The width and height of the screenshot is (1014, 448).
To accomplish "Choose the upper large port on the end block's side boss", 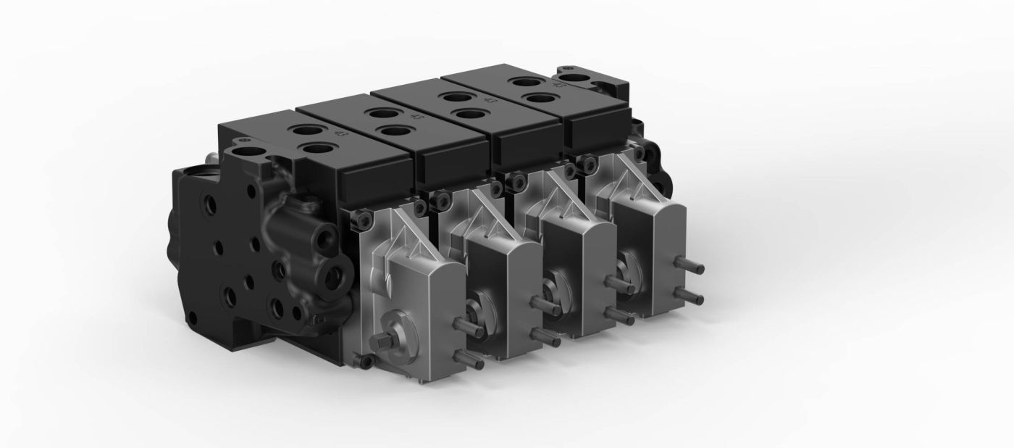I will pyautogui.click(x=319, y=236).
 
